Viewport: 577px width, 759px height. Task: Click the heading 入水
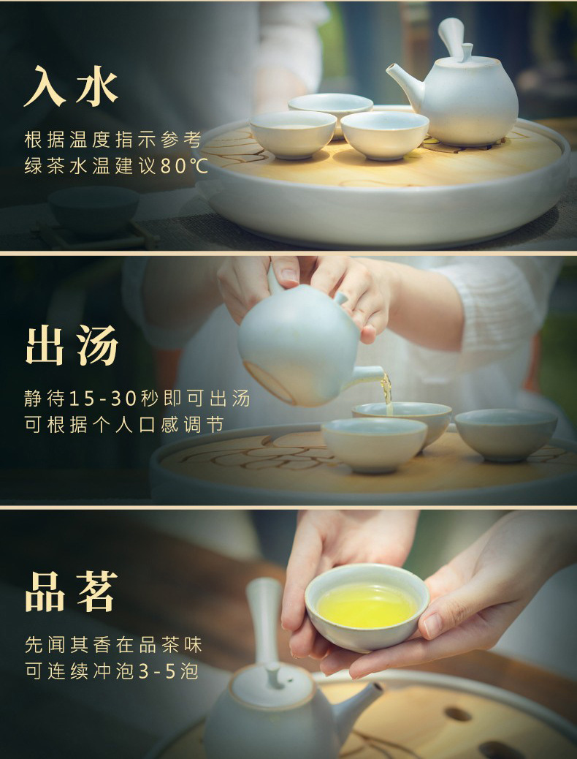(71, 86)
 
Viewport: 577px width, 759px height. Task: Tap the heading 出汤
(72, 346)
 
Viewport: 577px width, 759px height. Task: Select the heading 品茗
(71, 592)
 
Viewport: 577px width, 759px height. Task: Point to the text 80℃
(184, 166)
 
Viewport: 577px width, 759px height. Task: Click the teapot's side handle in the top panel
(451, 36)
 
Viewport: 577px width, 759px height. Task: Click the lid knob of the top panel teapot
(467, 52)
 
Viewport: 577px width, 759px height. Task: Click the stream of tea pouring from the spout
(386, 392)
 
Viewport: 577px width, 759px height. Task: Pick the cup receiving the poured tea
(402, 421)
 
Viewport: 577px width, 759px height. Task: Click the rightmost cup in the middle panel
(506, 434)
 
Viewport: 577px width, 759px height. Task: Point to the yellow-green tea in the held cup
(367, 605)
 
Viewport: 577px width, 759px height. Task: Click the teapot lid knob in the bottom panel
(275, 675)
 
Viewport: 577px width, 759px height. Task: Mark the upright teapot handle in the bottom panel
(264, 619)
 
